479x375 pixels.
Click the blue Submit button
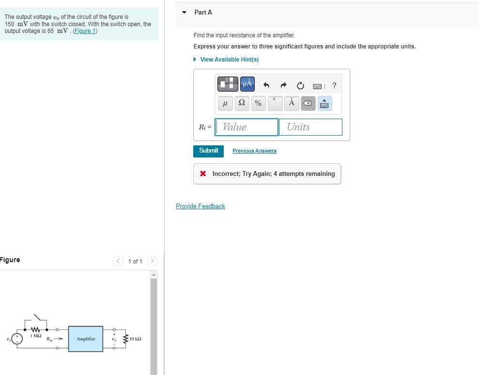[208, 151]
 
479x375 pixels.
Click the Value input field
[247, 127]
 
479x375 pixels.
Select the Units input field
[310, 127]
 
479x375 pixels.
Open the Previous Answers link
[254, 151]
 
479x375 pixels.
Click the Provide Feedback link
[201, 206]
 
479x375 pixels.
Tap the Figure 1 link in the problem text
[85, 31]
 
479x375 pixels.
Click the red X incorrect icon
[203, 173]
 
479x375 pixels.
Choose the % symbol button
[258, 103]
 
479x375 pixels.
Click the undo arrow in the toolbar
[266, 86]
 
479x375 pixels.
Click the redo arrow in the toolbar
[283, 86]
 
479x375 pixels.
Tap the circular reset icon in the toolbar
[300, 86]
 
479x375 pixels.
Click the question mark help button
[334, 86]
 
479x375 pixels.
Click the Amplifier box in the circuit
[86, 339]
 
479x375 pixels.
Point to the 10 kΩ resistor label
[136, 339]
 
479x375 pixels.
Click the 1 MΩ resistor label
[35, 336]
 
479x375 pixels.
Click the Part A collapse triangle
[184, 13]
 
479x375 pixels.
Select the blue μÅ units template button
[247, 84]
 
